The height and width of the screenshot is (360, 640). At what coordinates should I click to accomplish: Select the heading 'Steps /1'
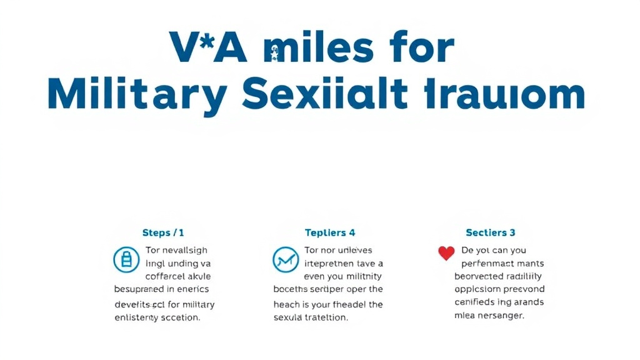(163, 233)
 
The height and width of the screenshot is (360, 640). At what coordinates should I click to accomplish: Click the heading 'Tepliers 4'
(330, 233)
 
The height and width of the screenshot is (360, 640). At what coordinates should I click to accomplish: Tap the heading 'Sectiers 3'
(491, 233)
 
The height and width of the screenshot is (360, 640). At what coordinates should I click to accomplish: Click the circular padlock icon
(126, 259)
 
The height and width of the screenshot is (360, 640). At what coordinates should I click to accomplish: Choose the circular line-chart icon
(286, 259)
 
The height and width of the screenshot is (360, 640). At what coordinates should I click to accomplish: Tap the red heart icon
(446, 253)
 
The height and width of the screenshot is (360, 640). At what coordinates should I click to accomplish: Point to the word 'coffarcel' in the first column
(165, 276)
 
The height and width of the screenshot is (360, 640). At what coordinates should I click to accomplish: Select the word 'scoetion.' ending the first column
(177, 317)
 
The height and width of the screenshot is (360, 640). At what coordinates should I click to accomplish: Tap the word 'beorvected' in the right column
(480, 276)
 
